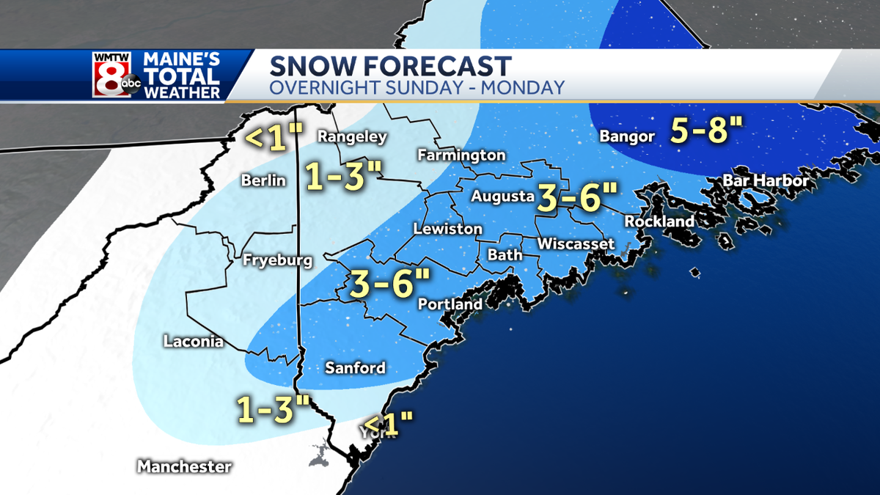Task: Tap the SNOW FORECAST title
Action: (x=390, y=66)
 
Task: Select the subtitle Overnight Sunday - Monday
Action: (x=417, y=88)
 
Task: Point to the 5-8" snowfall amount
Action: (x=706, y=132)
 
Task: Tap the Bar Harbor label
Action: (x=766, y=180)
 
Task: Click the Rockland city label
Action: (x=659, y=221)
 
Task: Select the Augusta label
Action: (x=502, y=197)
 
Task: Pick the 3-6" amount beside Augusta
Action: (x=576, y=197)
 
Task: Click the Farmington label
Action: (x=461, y=155)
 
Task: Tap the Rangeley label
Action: (x=351, y=136)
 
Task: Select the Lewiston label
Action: (x=447, y=229)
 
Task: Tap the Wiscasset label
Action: (x=576, y=243)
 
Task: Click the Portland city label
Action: (x=450, y=304)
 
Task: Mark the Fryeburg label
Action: (x=278, y=260)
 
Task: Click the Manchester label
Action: (x=184, y=466)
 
